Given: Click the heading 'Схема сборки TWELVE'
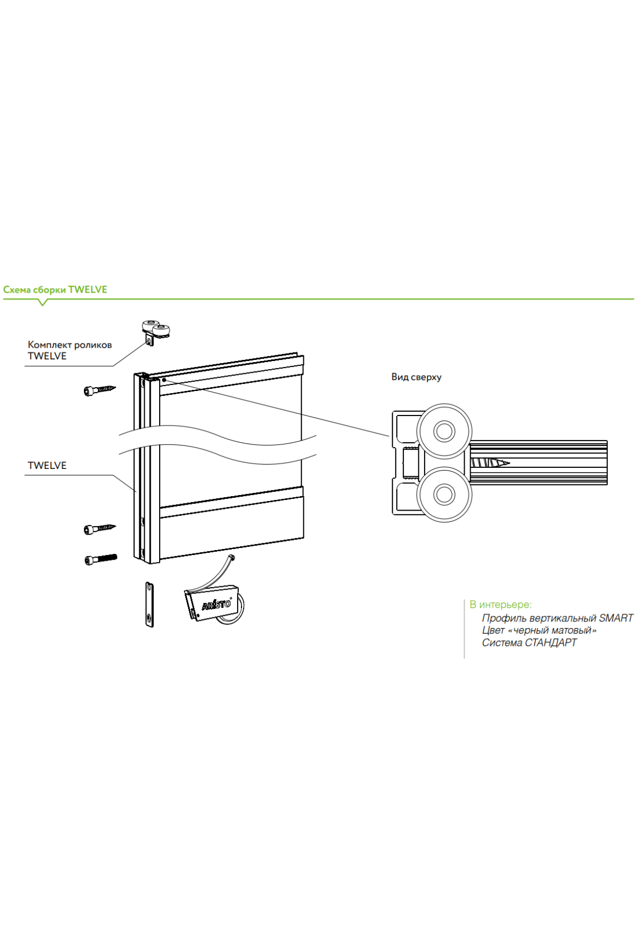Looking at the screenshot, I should pyautogui.click(x=55, y=289).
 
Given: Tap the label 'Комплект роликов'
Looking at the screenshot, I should pyautogui.click(x=69, y=345).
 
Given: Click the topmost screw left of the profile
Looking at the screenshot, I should pyautogui.click(x=99, y=390).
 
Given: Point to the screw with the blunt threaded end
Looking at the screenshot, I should pyautogui.click(x=100, y=559).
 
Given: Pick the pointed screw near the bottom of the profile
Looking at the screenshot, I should pyautogui.click(x=99, y=529).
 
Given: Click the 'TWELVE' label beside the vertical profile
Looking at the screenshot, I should pyautogui.click(x=47, y=465).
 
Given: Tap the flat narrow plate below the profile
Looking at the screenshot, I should pyautogui.click(x=150, y=604).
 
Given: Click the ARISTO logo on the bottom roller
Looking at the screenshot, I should pyautogui.click(x=216, y=605).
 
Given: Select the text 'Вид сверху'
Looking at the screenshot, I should pyautogui.click(x=416, y=377).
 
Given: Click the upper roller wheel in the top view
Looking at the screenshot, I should pyautogui.click(x=444, y=431).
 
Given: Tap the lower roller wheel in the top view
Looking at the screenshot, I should pyautogui.click(x=444, y=495).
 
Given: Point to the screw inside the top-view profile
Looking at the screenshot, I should pyautogui.click(x=489, y=463).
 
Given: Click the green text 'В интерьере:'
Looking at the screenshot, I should pyautogui.click(x=501, y=605).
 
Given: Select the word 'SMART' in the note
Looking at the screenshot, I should pyautogui.click(x=615, y=618).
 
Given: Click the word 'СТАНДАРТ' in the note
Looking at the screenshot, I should pyautogui.click(x=550, y=643).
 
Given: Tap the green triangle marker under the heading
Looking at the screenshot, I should pyautogui.click(x=43, y=302).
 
